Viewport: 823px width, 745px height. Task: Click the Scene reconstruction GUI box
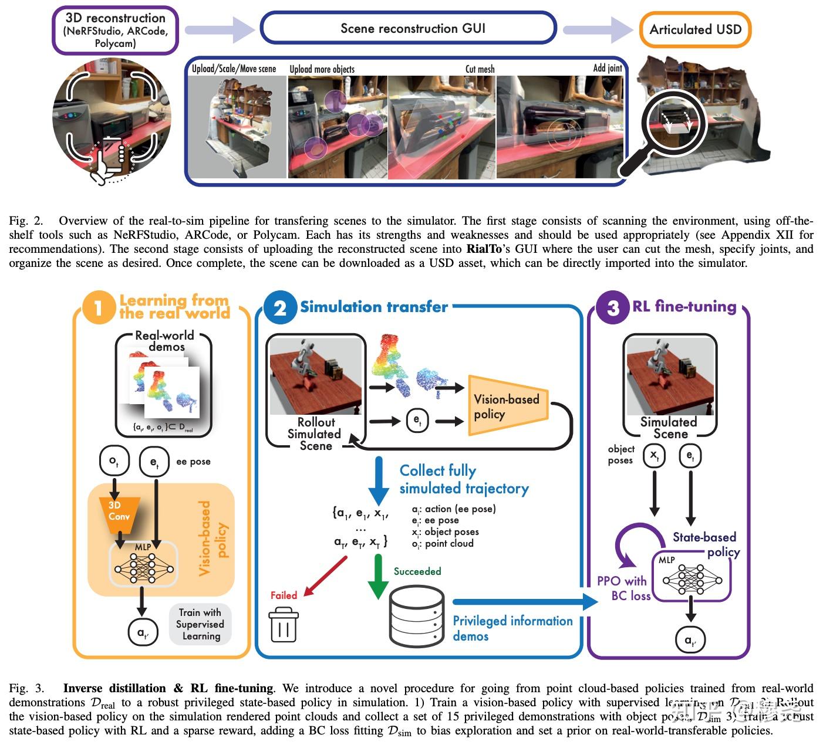pyautogui.click(x=407, y=28)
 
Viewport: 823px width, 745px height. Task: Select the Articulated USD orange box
pyautogui.click(x=695, y=29)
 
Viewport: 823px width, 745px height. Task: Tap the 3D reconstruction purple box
pyautogui.click(x=115, y=31)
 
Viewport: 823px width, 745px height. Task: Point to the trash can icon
pyautogui.click(x=284, y=625)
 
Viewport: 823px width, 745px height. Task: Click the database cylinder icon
pyautogui.click(x=417, y=615)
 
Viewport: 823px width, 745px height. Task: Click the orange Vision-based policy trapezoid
pyautogui.click(x=507, y=406)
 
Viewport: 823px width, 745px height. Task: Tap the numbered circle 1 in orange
pyautogui.click(x=98, y=308)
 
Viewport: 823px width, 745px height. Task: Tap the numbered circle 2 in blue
pyautogui.click(x=279, y=308)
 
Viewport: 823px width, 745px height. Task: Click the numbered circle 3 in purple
pyautogui.click(x=612, y=308)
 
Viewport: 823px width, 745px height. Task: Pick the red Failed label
pyautogui.click(x=284, y=595)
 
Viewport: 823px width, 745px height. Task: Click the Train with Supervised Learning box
pyautogui.click(x=200, y=625)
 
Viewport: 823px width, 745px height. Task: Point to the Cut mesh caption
pyautogui.click(x=480, y=69)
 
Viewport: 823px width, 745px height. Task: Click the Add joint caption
pyautogui.click(x=607, y=68)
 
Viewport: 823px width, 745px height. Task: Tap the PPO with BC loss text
pyautogui.click(x=622, y=588)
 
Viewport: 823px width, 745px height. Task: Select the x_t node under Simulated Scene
pyautogui.click(x=654, y=455)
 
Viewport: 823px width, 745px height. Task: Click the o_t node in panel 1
pyautogui.click(x=114, y=462)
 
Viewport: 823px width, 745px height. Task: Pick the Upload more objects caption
pyautogui.click(x=322, y=69)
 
